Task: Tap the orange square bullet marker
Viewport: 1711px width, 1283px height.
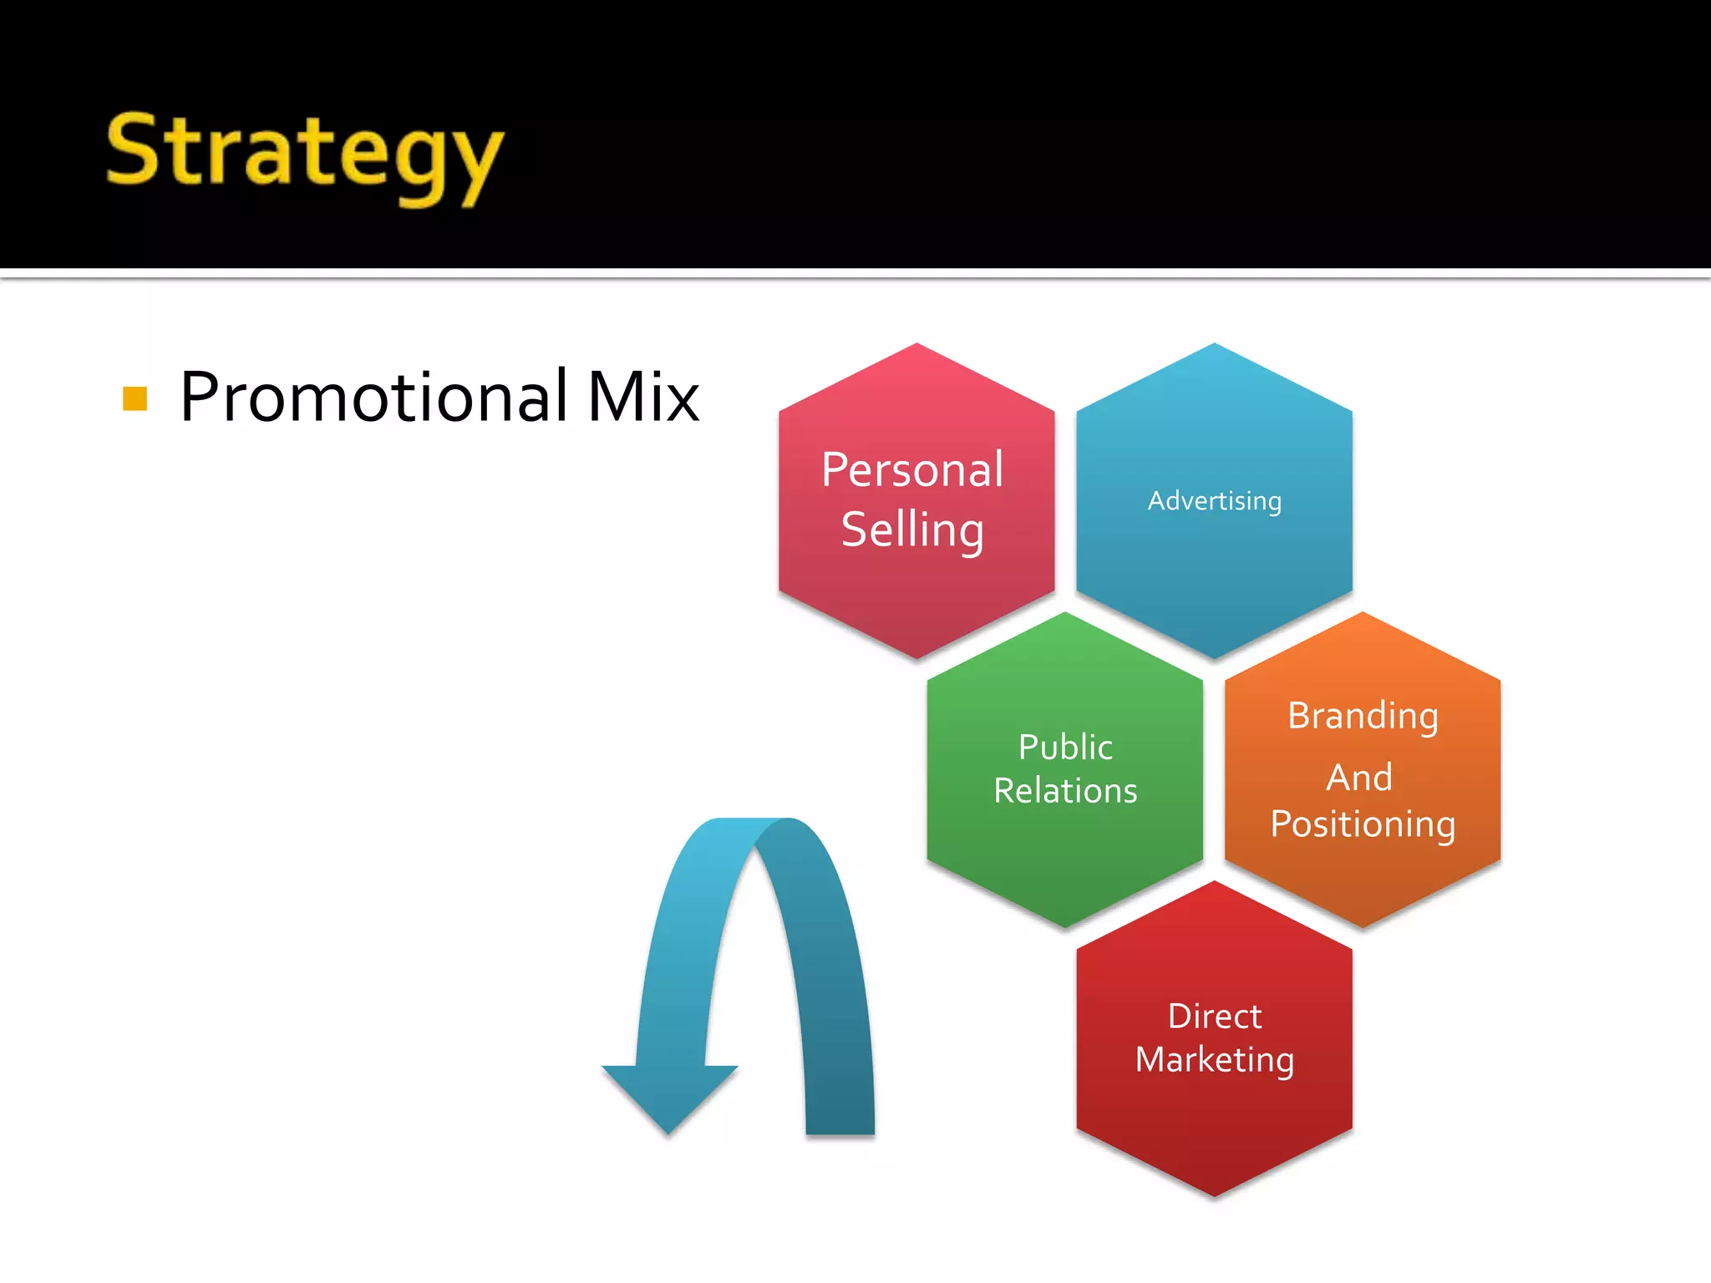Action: (x=135, y=398)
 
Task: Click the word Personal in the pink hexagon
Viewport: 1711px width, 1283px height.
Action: (x=912, y=469)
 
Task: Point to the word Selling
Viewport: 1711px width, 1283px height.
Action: (x=912, y=530)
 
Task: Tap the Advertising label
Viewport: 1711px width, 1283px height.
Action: (x=1214, y=501)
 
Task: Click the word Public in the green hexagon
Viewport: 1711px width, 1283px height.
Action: (x=1065, y=747)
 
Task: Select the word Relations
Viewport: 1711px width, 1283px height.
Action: (x=1065, y=791)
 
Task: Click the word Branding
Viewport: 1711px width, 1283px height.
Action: (x=1363, y=716)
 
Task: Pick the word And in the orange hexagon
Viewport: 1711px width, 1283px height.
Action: (x=1359, y=778)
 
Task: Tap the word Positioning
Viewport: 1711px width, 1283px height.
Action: (x=1363, y=824)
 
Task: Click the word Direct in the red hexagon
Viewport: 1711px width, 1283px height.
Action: (x=1214, y=1017)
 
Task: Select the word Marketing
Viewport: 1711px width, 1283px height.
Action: (x=1214, y=1060)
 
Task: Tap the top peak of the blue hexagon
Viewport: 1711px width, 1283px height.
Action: (x=1214, y=346)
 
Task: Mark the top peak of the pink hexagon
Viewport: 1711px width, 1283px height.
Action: (x=916, y=346)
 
